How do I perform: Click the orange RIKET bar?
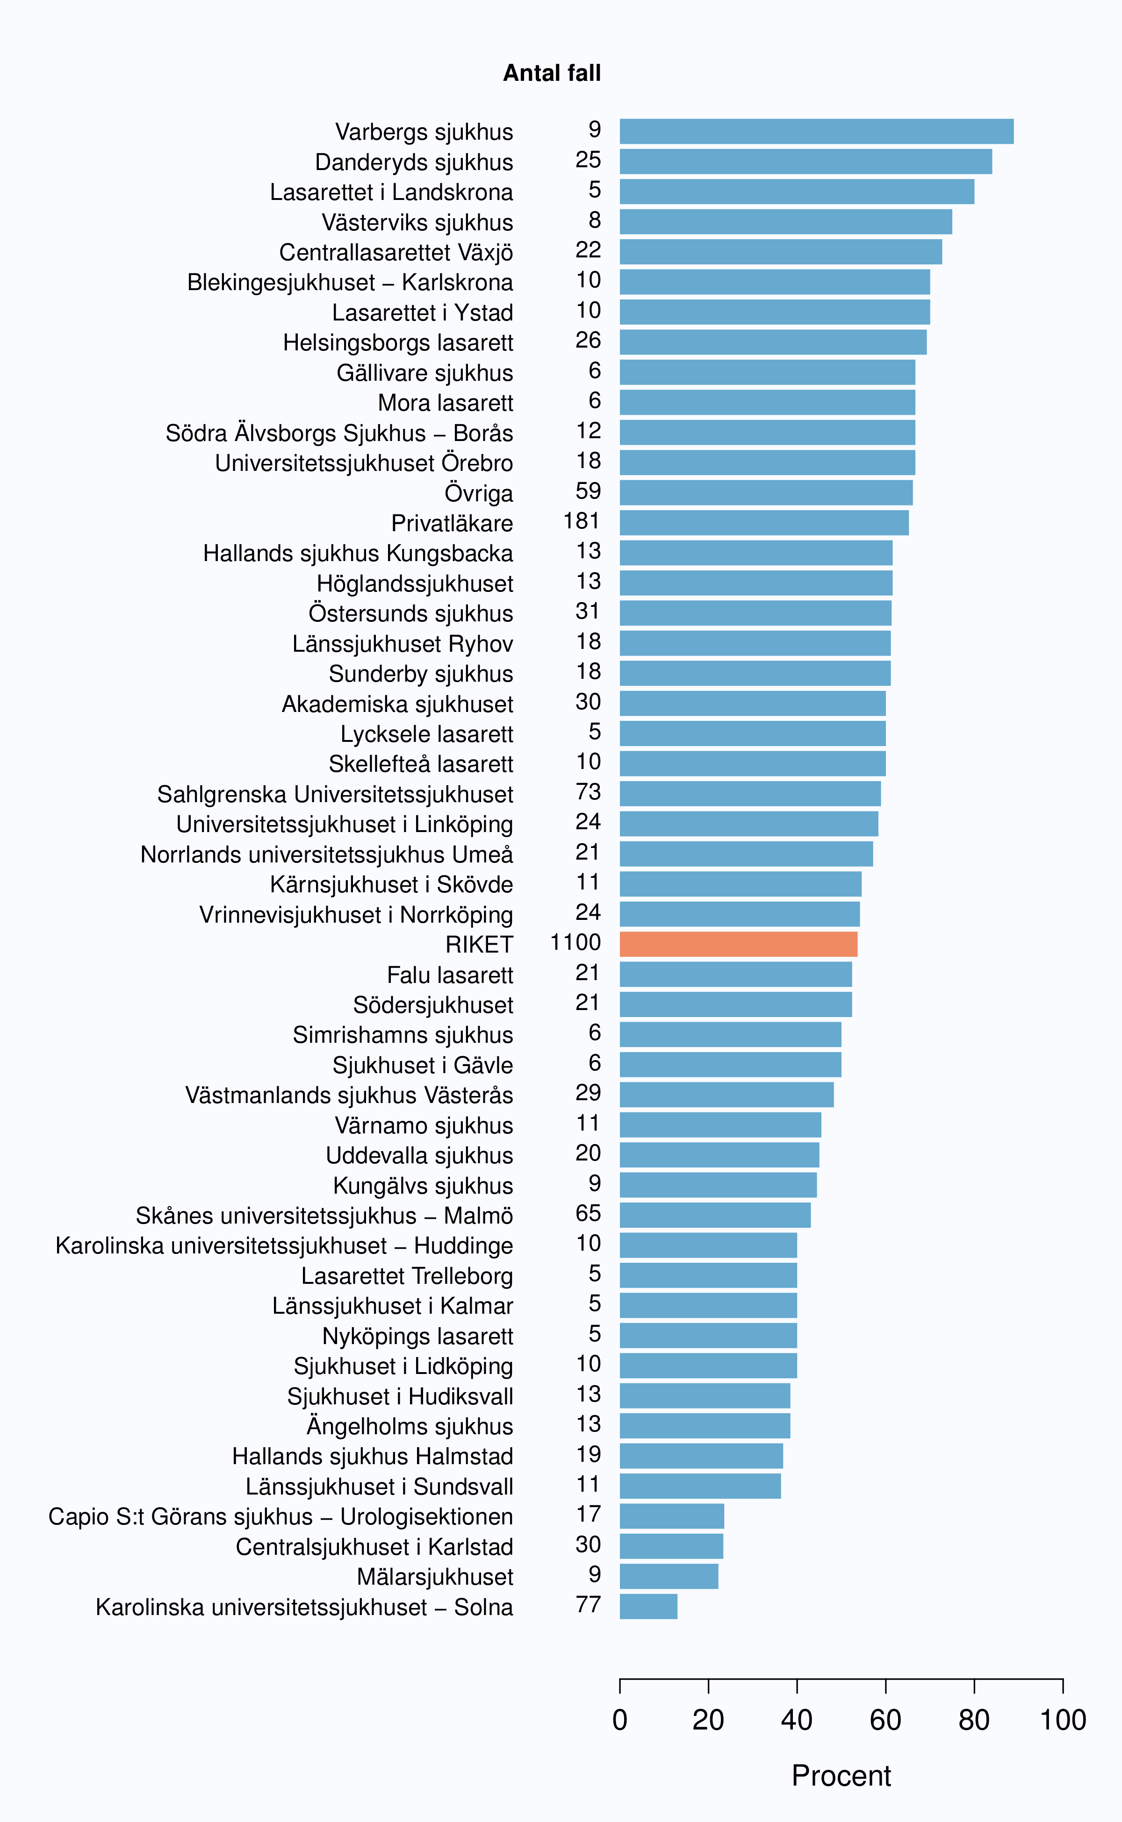(738, 944)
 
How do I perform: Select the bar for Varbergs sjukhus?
(816, 131)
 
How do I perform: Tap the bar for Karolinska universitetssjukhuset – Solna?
(648, 1606)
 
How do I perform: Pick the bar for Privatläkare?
(764, 523)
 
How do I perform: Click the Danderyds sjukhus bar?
(806, 162)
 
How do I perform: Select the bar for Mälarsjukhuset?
(669, 1577)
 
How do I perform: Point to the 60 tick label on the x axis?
(885, 1720)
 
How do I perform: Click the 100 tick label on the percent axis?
(1063, 1720)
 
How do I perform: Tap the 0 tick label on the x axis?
(619, 1720)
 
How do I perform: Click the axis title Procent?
(841, 1776)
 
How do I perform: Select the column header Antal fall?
(552, 73)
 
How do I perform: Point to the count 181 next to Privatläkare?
(581, 521)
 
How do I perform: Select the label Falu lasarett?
(450, 975)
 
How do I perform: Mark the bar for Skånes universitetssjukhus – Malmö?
(715, 1215)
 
